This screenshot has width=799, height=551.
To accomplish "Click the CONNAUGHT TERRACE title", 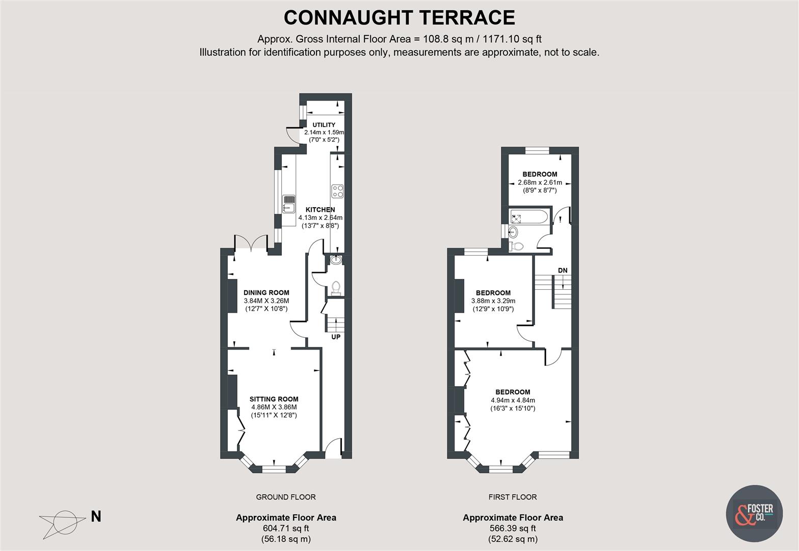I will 399,17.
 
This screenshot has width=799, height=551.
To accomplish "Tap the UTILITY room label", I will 324,125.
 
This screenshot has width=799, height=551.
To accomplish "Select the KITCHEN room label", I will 320,210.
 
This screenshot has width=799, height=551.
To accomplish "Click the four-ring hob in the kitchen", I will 338,191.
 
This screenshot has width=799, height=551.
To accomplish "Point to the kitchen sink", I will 289,203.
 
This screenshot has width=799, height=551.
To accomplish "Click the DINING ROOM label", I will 266,293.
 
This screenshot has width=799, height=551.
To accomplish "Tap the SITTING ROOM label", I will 274,399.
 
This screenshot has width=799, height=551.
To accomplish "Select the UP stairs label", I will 336,337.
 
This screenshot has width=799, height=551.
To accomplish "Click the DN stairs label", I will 563,270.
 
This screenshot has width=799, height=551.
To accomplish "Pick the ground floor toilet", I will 335,288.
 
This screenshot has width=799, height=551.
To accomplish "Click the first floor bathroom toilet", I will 518,246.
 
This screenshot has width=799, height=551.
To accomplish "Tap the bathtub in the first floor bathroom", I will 528,217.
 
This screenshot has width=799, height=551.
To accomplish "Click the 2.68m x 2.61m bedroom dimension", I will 540,183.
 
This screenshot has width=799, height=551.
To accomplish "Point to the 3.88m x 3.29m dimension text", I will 493,301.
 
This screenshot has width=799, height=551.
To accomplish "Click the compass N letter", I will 96,517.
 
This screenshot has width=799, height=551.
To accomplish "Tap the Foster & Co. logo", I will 754,514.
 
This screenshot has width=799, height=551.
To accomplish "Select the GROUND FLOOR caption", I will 285,497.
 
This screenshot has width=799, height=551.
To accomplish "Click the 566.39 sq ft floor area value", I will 513,529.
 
